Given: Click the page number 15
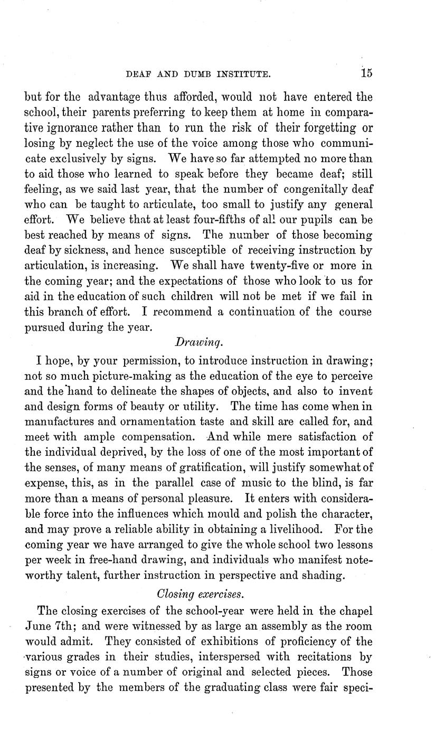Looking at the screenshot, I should click(x=366, y=73).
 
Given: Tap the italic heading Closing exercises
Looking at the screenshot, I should click(x=201, y=594).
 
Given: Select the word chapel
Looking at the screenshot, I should click(x=354, y=611).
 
